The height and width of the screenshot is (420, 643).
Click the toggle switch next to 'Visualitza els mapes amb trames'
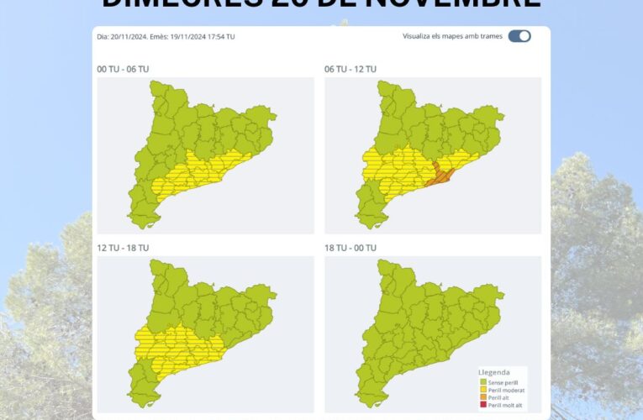[x=519, y=36]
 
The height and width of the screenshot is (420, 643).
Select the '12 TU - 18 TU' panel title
[x=124, y=248]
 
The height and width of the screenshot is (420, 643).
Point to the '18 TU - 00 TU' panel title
[x=351, y=248]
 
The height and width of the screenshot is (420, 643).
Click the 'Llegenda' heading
[x=493, y=372]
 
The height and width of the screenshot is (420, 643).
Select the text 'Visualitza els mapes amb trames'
[x=452, y=37]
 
